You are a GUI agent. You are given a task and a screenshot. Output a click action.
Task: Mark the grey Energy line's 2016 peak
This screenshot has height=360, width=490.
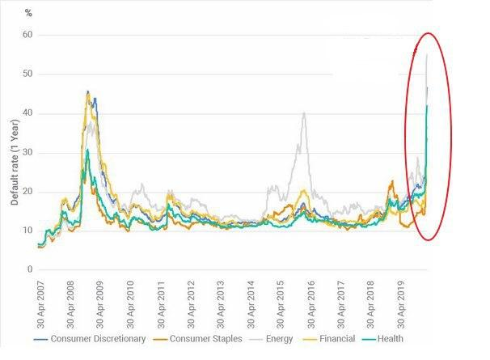(x=304, y=113)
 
